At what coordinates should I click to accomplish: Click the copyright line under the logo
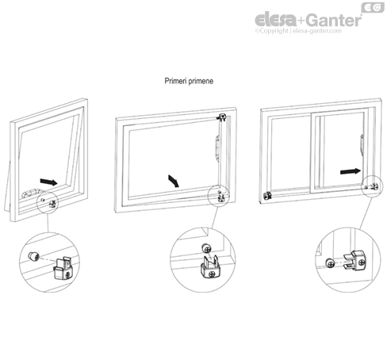(297, 31)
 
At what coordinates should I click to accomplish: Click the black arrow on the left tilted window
(48, 182)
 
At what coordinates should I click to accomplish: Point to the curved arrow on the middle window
(173, 178)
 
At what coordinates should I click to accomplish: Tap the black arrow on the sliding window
(347, 170)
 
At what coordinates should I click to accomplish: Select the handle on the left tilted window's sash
(32, 193)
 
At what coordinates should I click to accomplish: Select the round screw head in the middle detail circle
(205, 245)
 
